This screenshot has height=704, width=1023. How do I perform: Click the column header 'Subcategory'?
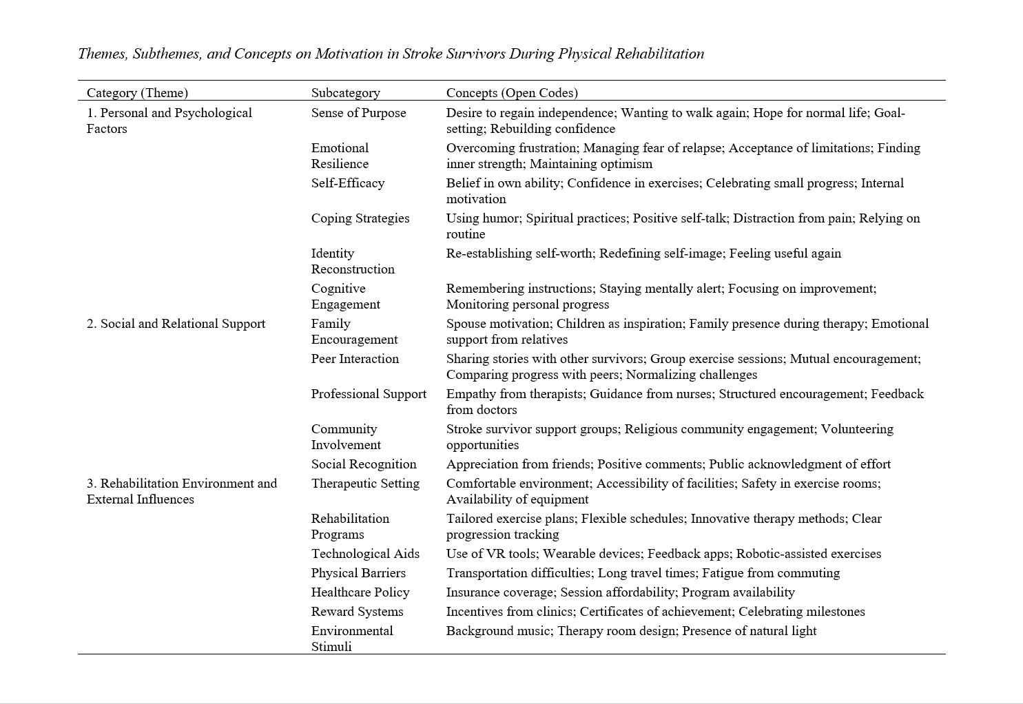point(345,93)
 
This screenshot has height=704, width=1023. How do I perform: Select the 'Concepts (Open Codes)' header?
point(511,93)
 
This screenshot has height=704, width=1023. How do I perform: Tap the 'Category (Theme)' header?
point(137,93)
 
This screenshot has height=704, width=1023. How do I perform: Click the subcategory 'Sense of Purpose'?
point(358,113)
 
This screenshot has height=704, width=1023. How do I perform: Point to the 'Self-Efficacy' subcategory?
point(347,183)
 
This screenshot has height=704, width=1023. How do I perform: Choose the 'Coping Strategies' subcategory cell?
point(360,218)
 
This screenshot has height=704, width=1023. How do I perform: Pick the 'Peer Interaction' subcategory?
point(355,359)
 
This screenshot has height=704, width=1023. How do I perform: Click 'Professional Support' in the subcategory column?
point(369,394)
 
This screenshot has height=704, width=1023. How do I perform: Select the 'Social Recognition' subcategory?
point(364,464)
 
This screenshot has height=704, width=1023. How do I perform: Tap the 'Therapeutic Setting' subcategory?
point(365,484)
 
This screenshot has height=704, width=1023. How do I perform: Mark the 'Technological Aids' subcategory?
point(365,554)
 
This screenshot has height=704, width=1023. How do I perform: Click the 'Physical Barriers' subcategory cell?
point(358,573)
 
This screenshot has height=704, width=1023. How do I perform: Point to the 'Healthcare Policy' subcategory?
point(360,592)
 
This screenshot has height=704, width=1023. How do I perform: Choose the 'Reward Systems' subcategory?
point(357,612)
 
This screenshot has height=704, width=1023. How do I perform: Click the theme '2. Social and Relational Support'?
point(176,324)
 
